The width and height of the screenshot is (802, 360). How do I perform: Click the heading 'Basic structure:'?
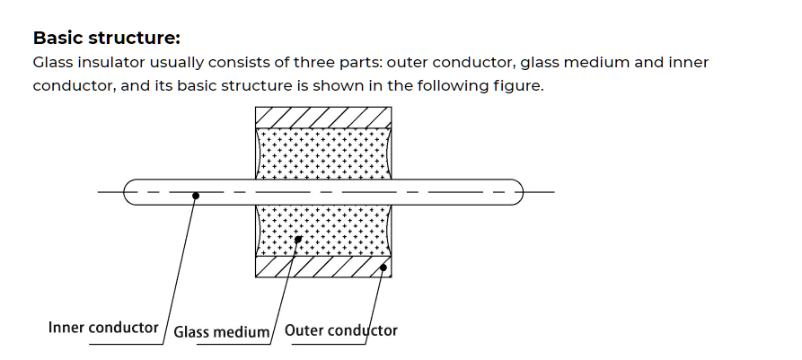click(x=107, y=39)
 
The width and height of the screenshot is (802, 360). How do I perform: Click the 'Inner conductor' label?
click(x=103, y=328)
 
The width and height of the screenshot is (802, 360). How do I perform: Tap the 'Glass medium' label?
click(x=221, y=332)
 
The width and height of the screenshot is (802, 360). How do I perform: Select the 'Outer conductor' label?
click(x=340, y=330)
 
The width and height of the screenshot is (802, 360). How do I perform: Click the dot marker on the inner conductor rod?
click(x=196, y=195)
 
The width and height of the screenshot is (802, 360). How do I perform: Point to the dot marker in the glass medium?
click(x=298, y=239)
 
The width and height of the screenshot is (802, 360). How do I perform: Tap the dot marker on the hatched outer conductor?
click(x=384, y=266)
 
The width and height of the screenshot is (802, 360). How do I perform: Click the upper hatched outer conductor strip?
click(x=324, y=117)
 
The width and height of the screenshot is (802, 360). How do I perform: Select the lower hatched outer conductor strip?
click(x=324, y=267)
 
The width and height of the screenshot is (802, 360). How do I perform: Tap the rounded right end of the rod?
click(x=516, y=191)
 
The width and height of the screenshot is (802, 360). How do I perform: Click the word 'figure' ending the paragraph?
click(x=519, y=88)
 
